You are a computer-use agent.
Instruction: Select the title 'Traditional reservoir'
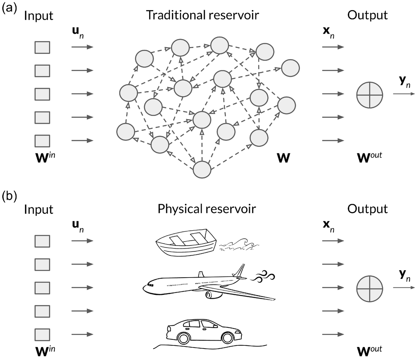pos(203,15)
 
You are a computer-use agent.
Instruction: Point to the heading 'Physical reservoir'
pos(207,209)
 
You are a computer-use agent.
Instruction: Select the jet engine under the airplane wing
pos(213,295)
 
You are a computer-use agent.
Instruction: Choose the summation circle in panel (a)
pos(369,94)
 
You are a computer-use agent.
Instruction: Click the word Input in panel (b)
pos(39,209)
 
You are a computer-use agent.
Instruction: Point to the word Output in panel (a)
pos(367,15)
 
